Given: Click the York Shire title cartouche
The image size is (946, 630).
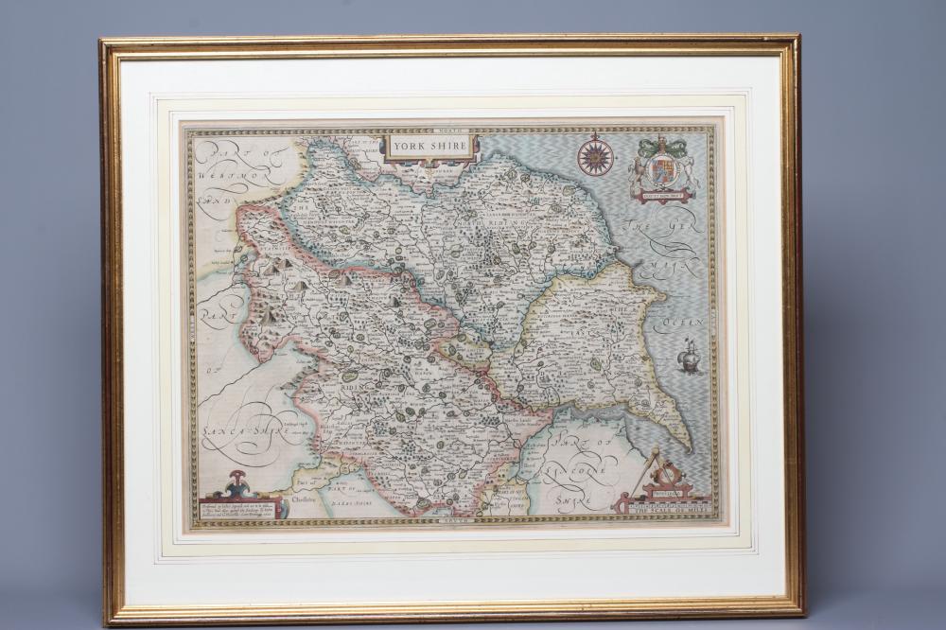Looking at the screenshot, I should click(429, 147).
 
